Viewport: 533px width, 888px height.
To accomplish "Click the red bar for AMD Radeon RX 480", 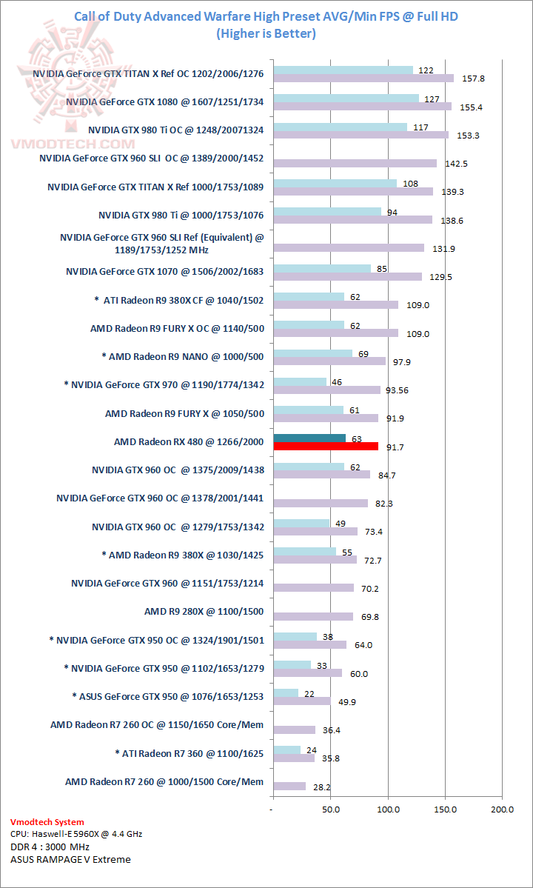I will tap(326, 447).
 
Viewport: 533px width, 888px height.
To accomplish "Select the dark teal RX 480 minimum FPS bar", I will tap(309, 438).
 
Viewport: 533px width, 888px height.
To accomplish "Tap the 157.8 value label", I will tap(473, 79).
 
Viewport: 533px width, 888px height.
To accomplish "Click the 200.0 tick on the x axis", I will tap(502, 809).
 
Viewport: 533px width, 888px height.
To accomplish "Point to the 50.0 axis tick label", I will tap(330, 809).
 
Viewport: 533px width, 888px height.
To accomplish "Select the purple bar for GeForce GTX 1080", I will tap(362, 107).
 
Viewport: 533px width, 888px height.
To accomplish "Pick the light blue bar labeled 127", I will tap(346, 98).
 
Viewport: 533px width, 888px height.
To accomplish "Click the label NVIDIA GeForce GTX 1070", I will tap(164, 271).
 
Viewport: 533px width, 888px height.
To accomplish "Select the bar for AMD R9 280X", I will tap(313, 616).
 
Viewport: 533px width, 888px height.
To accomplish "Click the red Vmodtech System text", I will tap(47, 822).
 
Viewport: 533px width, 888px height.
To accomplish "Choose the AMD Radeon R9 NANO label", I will tap(182, 356).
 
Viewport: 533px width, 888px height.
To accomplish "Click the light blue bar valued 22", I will tap(286, 693).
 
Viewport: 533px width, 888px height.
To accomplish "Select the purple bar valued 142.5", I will tap(355, 163).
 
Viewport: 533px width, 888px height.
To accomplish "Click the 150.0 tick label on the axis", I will tap(445, 809).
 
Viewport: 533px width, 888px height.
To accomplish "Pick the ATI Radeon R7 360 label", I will tap(190, 753).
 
